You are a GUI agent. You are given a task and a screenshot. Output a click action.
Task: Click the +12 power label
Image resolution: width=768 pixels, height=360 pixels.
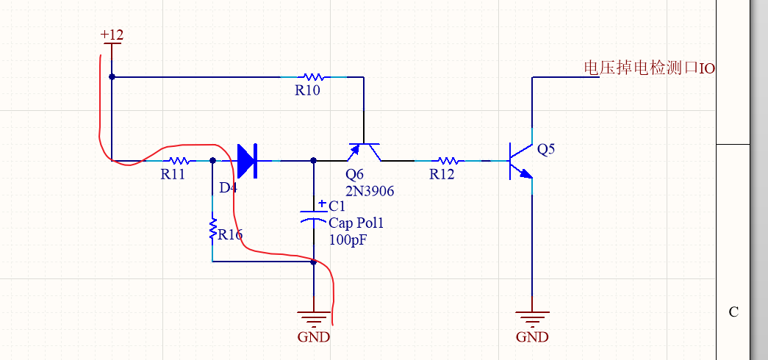pos(112,35)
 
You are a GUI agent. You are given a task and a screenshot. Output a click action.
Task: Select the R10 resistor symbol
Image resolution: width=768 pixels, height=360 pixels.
pos(314,76)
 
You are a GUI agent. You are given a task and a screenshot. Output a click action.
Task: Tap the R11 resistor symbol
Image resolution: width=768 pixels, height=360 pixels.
pos(179,160)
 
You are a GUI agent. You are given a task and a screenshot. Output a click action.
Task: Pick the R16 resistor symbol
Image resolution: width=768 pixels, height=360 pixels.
pos(212,228)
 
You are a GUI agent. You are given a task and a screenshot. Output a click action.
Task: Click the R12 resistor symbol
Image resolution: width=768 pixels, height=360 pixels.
pos(448,160)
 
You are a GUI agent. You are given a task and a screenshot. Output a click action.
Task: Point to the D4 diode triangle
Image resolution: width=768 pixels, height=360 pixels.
pos(246,160)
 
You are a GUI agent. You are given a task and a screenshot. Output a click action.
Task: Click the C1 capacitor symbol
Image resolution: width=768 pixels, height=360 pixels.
pos(314,216)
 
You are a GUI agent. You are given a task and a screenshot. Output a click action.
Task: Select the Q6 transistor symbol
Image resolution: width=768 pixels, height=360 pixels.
pos(364,151)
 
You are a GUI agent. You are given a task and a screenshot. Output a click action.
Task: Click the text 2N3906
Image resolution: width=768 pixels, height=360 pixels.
pos(370,191)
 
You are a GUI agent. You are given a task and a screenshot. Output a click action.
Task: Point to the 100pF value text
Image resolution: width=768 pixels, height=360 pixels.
pos(348,239)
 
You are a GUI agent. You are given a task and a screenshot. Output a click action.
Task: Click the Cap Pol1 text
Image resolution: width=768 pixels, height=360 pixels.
pos(356,223)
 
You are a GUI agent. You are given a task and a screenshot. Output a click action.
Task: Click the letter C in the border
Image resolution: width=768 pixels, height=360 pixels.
pos(733,312)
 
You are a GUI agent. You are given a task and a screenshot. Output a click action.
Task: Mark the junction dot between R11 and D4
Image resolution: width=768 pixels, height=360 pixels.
pos(212,160)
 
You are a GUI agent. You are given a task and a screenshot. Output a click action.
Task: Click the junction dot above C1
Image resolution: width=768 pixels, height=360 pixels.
pos(314,160)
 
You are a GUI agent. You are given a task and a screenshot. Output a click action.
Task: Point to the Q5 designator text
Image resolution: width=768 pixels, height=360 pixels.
pos(546,149)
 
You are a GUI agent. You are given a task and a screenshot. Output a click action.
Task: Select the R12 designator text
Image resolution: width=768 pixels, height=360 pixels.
pos(442,174)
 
